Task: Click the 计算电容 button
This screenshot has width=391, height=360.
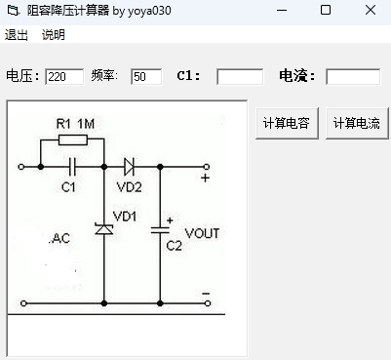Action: pos(285,124)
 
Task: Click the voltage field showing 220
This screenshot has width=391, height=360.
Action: pos(64,76)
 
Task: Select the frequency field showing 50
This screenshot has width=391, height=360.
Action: pos(145,76)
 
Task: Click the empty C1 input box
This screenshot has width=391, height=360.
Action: pos(240,76)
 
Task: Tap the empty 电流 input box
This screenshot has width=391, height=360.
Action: pos(352,76)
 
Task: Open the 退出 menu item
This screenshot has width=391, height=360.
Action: pos(17,35)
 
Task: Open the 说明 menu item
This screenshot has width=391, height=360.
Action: pos(53,35)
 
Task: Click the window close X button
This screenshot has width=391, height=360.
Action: pos(371,11)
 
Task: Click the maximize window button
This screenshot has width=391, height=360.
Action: pos(326,11)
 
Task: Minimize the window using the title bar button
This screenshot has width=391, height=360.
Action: pos(281,11)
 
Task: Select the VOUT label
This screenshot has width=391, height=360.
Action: pos(202,233)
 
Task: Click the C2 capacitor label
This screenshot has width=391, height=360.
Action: pos(174,247)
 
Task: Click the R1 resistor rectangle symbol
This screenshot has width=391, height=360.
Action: pos(73,140)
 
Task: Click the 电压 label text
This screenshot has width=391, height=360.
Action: pos(23,76)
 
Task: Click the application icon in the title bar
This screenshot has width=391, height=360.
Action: pos(13,11)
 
